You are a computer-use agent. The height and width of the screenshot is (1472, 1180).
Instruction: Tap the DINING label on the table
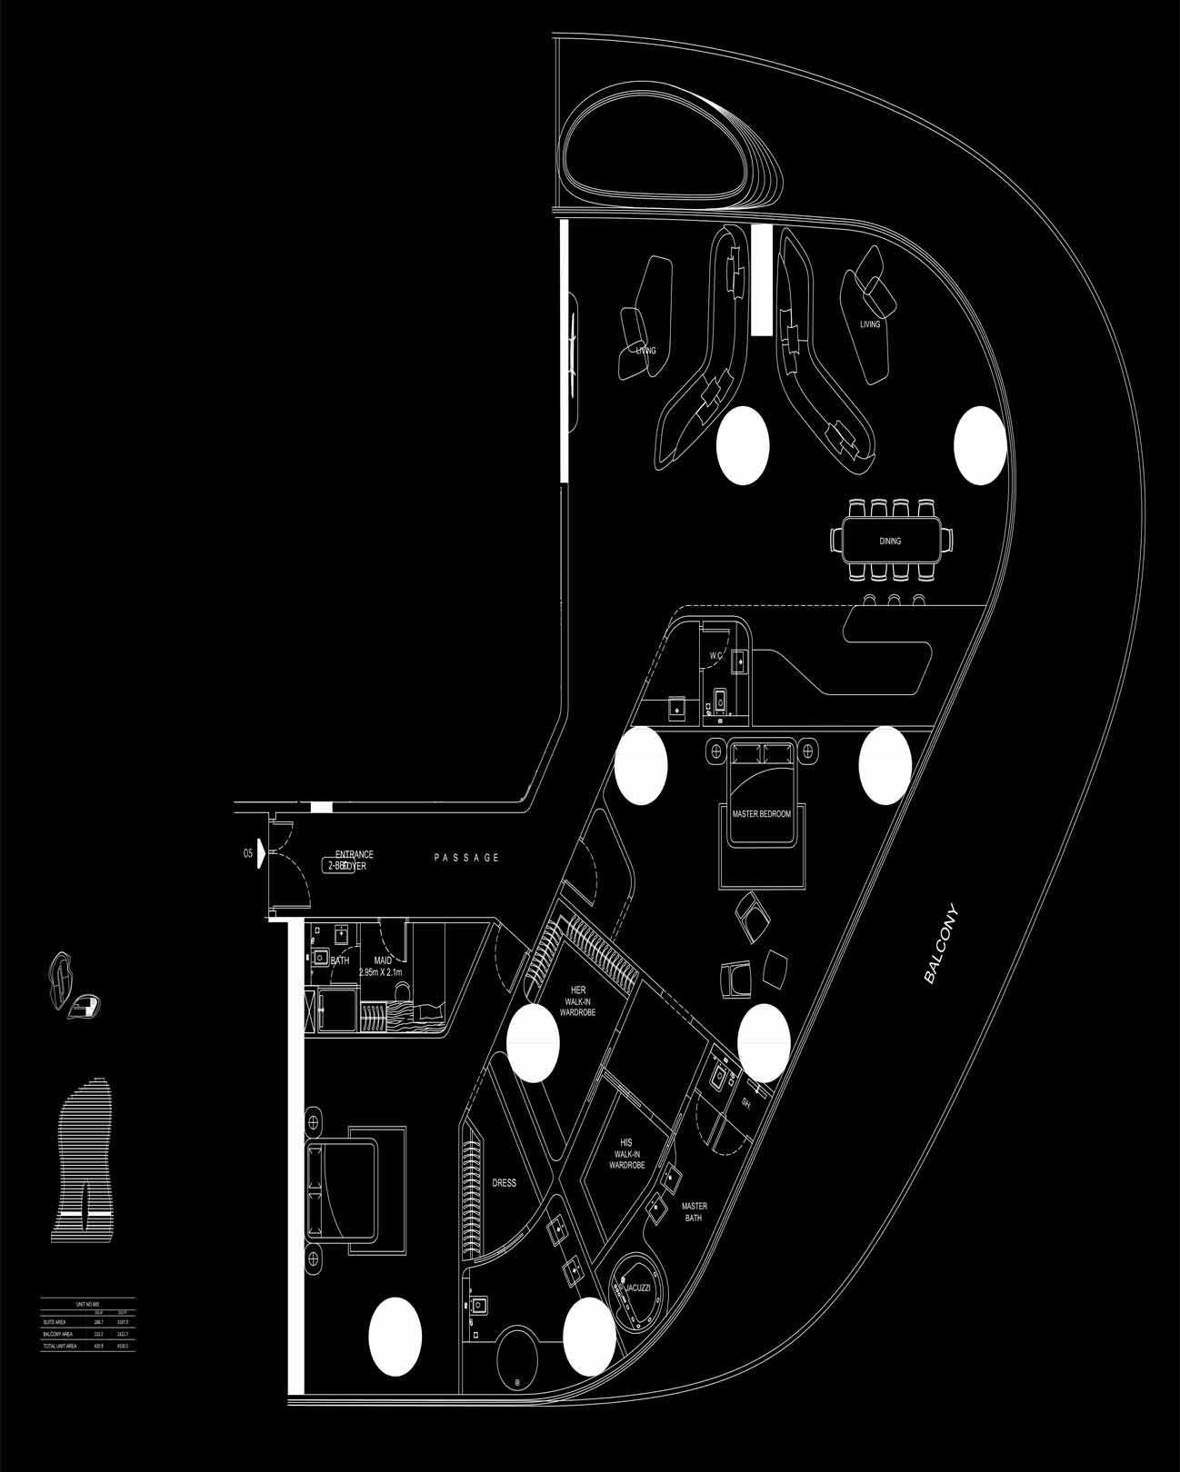click(890, 542)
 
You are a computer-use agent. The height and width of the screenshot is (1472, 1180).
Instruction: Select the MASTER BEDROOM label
click(762, 814)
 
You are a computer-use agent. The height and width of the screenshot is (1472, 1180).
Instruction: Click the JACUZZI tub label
click(637, 1288)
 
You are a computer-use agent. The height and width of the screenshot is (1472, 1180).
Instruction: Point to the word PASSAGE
click(466, 858)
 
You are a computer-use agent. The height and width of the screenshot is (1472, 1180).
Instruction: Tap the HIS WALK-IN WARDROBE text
click(626, 1156)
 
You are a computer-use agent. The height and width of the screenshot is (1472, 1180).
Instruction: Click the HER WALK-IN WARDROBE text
click(578, 1000)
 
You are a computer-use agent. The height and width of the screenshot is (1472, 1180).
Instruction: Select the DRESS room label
click(504, 1183)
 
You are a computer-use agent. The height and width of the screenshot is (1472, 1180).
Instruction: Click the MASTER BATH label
click(695, 1212)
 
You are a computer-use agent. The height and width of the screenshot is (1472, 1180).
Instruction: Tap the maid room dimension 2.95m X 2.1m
click(384, 972)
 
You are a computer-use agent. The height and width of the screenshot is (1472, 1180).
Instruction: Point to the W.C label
click(715, 656)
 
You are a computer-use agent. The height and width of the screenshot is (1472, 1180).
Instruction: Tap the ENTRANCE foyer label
click(355, 855)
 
